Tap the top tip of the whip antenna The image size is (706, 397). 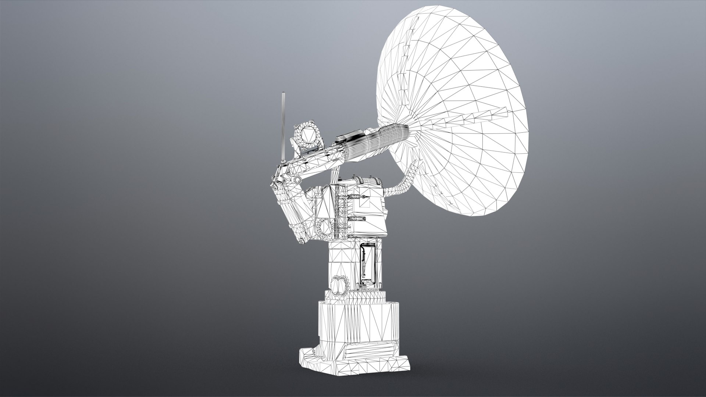click(x=283, y=93)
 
